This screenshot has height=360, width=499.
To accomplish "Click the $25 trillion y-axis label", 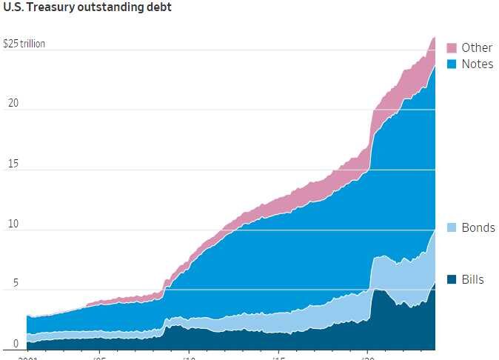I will [24, 44].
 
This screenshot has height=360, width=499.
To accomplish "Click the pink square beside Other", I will [452, 47].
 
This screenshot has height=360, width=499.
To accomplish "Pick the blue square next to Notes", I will [452, 64].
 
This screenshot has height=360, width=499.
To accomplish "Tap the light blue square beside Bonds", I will [452, 227].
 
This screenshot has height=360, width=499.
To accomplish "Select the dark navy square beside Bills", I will [452, 279].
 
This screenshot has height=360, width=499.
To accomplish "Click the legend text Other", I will [477, 47].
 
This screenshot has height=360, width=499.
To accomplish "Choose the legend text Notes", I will [477, 64].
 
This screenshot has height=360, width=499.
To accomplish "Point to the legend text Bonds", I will [478, 227].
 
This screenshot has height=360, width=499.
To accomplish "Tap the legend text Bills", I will [472, 279].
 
